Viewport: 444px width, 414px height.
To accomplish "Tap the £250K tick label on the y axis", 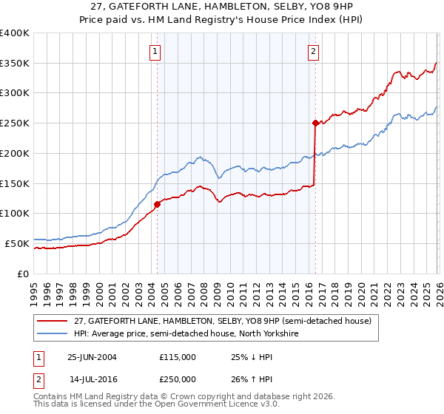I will click(15, 123).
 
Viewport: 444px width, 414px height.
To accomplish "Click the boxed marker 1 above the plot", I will click(155, 52).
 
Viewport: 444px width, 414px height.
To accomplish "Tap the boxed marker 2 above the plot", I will click(314, 52).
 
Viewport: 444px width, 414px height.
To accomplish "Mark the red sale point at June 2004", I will click(157, 204).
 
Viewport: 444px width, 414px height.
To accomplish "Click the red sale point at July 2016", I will click(315, 123).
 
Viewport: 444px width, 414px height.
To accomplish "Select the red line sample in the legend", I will click(53, 321).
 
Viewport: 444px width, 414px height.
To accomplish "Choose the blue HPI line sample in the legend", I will click(53, 333).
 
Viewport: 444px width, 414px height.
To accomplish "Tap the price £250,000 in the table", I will click(177, 379).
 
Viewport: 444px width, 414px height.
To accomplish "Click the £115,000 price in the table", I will click(177, 357).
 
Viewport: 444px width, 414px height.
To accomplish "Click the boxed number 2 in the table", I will click(39, 379).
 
